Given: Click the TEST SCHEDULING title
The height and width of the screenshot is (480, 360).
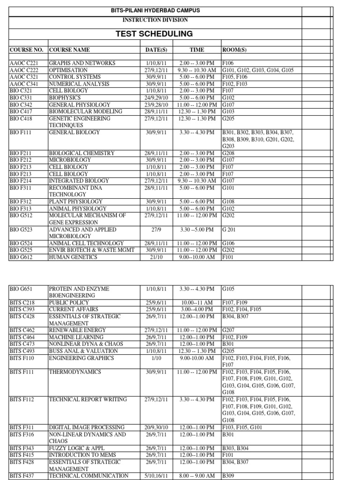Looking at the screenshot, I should click(155, 34).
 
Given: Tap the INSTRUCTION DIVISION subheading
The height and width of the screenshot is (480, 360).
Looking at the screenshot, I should click(155, 20).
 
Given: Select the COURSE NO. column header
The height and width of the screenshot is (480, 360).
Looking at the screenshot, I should click(26, 50).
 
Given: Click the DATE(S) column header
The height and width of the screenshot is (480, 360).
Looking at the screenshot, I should click(157, 50).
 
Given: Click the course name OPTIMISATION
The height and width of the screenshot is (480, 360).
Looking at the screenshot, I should click(68, 70).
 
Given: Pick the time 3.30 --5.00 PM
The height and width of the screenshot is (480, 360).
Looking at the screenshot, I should click(196, 230).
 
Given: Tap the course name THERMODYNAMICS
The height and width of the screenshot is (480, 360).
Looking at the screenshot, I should click(75, 372).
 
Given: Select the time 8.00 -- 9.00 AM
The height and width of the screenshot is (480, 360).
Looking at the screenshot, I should click(196, 476).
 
